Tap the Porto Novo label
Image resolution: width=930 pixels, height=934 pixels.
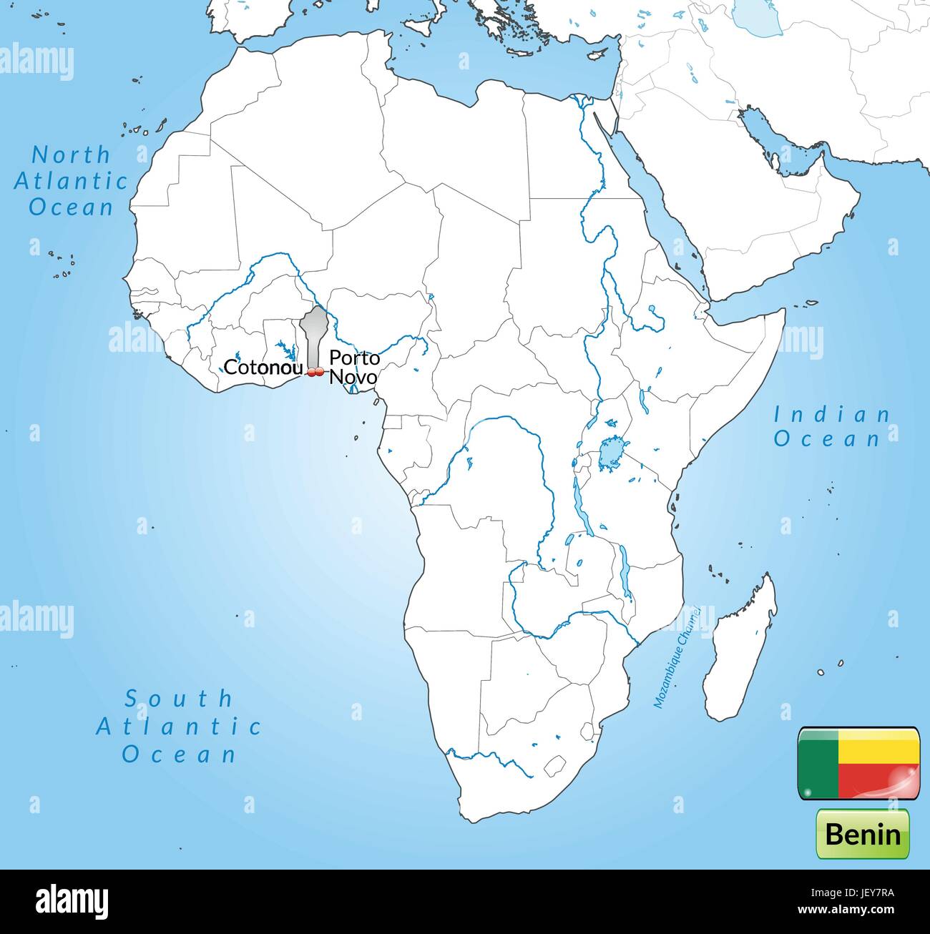pos(353,367)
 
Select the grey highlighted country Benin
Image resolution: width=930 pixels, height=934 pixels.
pos(313,333)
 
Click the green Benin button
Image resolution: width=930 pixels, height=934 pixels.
pos(862,834)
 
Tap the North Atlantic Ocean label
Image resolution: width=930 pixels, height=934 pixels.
pos(71,180)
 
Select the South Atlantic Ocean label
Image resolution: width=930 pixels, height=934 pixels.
pos(179,725)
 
